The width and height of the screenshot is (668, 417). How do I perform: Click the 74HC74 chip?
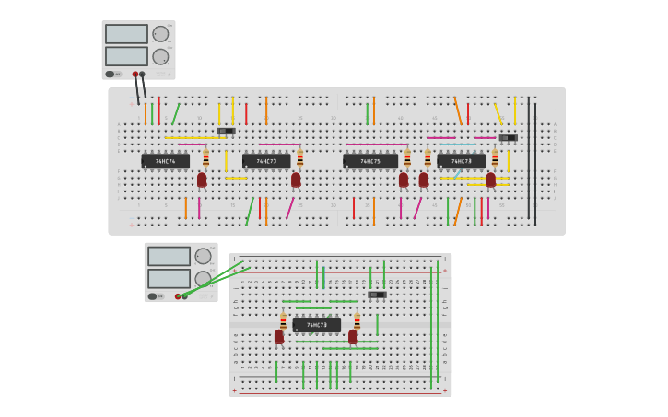[x=166, y=161]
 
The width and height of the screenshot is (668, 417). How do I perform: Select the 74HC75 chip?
[x=370, y=161]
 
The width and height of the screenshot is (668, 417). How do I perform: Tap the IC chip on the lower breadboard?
[x=316, y=325]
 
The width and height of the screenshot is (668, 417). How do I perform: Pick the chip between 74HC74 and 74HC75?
[x=266, y=161]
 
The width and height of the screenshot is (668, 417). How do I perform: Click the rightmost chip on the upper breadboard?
[x=461, y=161]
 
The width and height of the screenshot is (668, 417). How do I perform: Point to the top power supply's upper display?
[x=126, y=34]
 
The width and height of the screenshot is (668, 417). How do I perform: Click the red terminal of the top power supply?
[x=135, y=74]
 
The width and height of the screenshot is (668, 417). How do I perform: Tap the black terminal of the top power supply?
[x=142, y=74]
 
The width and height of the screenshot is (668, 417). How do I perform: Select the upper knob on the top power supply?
[x=160, y=34]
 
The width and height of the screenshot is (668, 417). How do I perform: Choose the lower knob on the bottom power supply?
[x=203, y=278]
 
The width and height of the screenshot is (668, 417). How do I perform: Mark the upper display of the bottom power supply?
[x=169, y=256]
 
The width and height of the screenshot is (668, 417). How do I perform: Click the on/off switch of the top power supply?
[x=110, y=74]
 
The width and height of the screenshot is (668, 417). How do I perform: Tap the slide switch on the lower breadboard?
[x=377, y=295]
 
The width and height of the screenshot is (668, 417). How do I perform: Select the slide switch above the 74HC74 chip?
[x=227, y=131]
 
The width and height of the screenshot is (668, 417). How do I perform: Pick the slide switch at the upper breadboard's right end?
[x=508, y=138]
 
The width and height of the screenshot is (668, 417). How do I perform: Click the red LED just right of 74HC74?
[x=202, y=180]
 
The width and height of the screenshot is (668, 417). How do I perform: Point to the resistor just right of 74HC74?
[x=206, y=158]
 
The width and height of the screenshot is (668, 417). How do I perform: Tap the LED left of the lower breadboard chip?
[x=279, y=337]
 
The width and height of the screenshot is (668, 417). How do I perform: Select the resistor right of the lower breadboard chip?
[x=357, y=321]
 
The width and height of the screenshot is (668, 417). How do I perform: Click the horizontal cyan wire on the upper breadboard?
[x=458, y=145]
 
